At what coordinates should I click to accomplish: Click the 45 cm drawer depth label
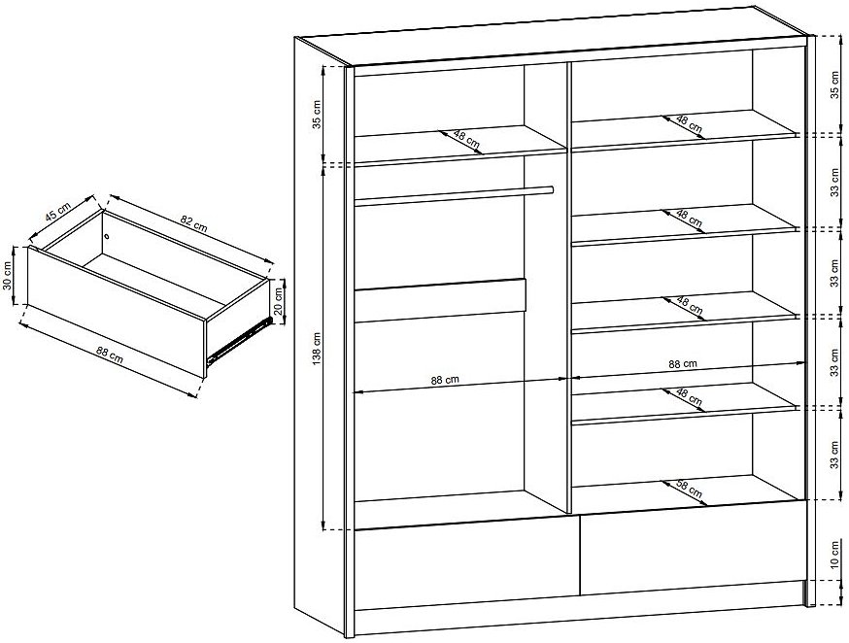58,212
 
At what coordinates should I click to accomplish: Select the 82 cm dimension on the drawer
193,223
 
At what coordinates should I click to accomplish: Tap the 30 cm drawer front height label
8,276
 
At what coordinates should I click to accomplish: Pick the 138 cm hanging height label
317,348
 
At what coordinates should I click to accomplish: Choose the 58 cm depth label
690,490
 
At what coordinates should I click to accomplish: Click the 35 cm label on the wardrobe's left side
317,115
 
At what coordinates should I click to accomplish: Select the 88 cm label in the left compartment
445,380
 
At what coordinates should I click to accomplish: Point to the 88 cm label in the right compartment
683,364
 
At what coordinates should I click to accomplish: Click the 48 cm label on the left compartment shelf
466,140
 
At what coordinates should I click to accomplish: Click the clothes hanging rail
454,195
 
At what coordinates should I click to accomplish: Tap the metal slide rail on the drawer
239,339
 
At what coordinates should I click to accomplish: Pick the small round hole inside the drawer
107,235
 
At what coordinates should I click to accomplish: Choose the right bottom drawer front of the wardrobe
692,548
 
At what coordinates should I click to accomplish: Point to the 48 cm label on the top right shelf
689,125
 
